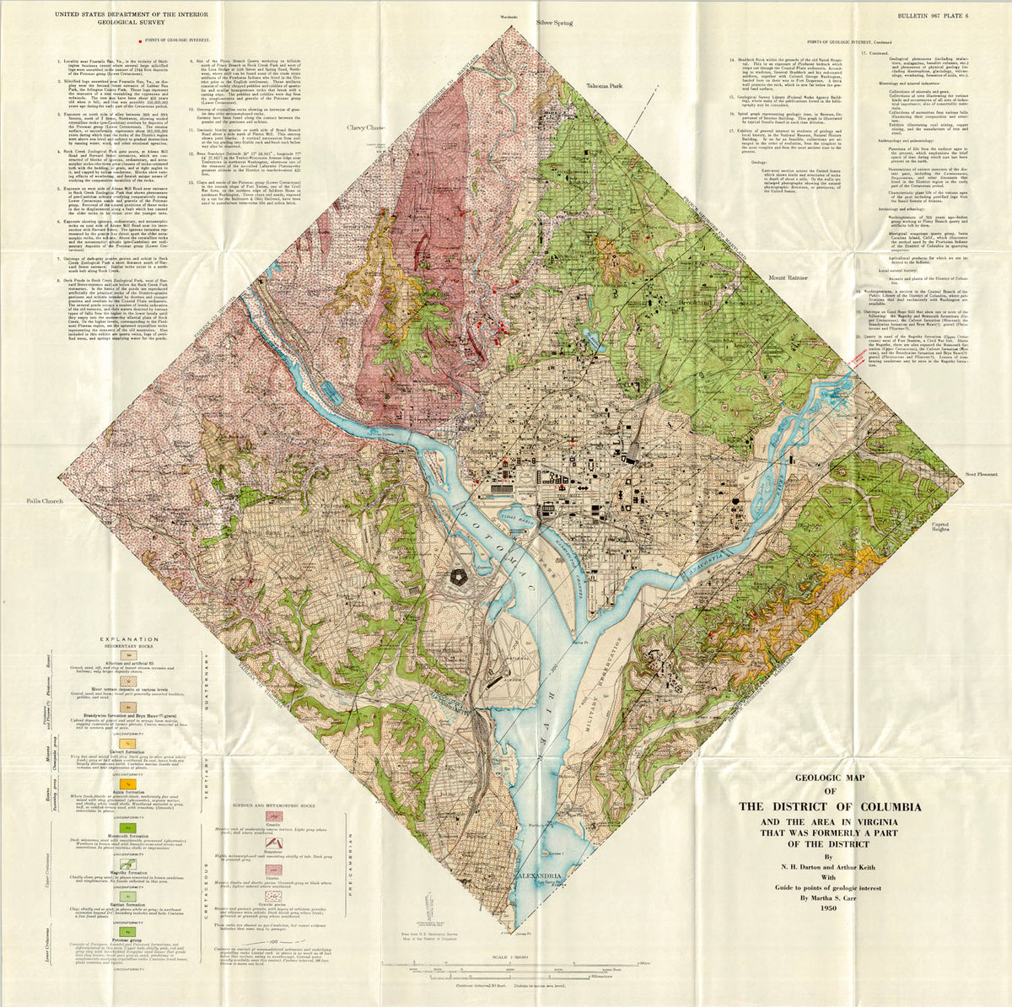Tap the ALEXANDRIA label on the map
(538, 876)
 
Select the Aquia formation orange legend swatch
(129, 784)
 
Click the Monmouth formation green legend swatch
(129, 827)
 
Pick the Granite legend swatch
(273, 816)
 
